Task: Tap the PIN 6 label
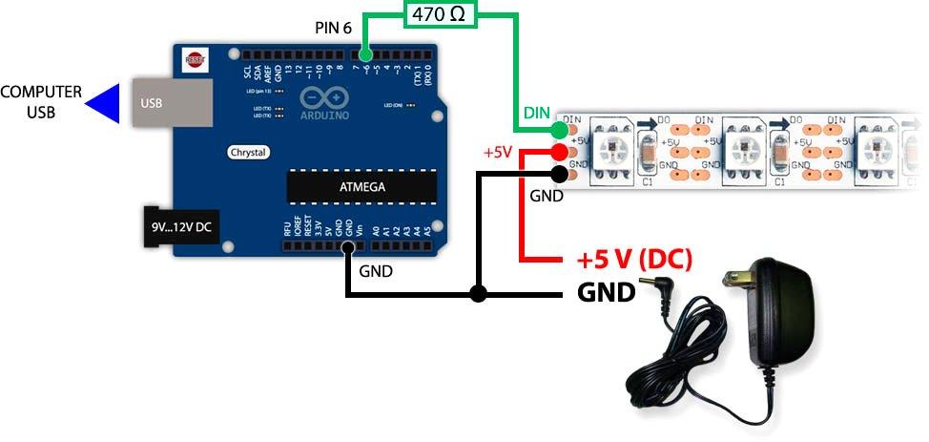[334, 28]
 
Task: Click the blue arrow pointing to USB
[103, 103]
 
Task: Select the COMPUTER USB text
[41, 102]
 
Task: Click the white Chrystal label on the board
[248, 152]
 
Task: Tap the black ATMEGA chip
[361, 187]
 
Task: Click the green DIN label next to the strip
[535, 113]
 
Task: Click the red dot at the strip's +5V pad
[559, 153]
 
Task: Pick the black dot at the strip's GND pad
[559, 174]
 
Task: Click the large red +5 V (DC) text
[633, 260]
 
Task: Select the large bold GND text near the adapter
[606, 292]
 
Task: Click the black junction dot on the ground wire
[479, 294]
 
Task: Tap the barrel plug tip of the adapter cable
[653, 285]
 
